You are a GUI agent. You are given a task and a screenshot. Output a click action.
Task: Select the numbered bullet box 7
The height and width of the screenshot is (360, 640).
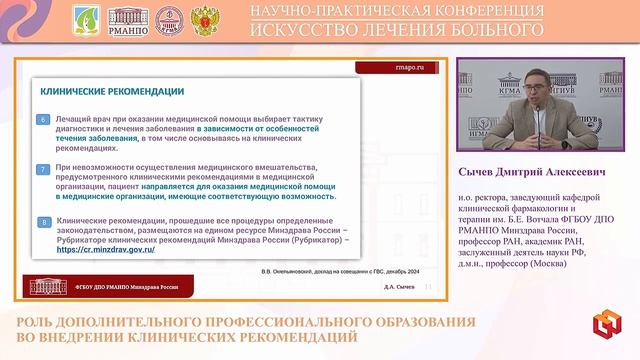pyautogui.click(x=43, y=169)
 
